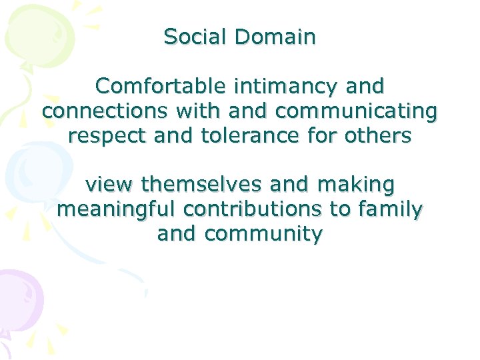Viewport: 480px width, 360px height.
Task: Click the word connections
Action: [101, 111]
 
